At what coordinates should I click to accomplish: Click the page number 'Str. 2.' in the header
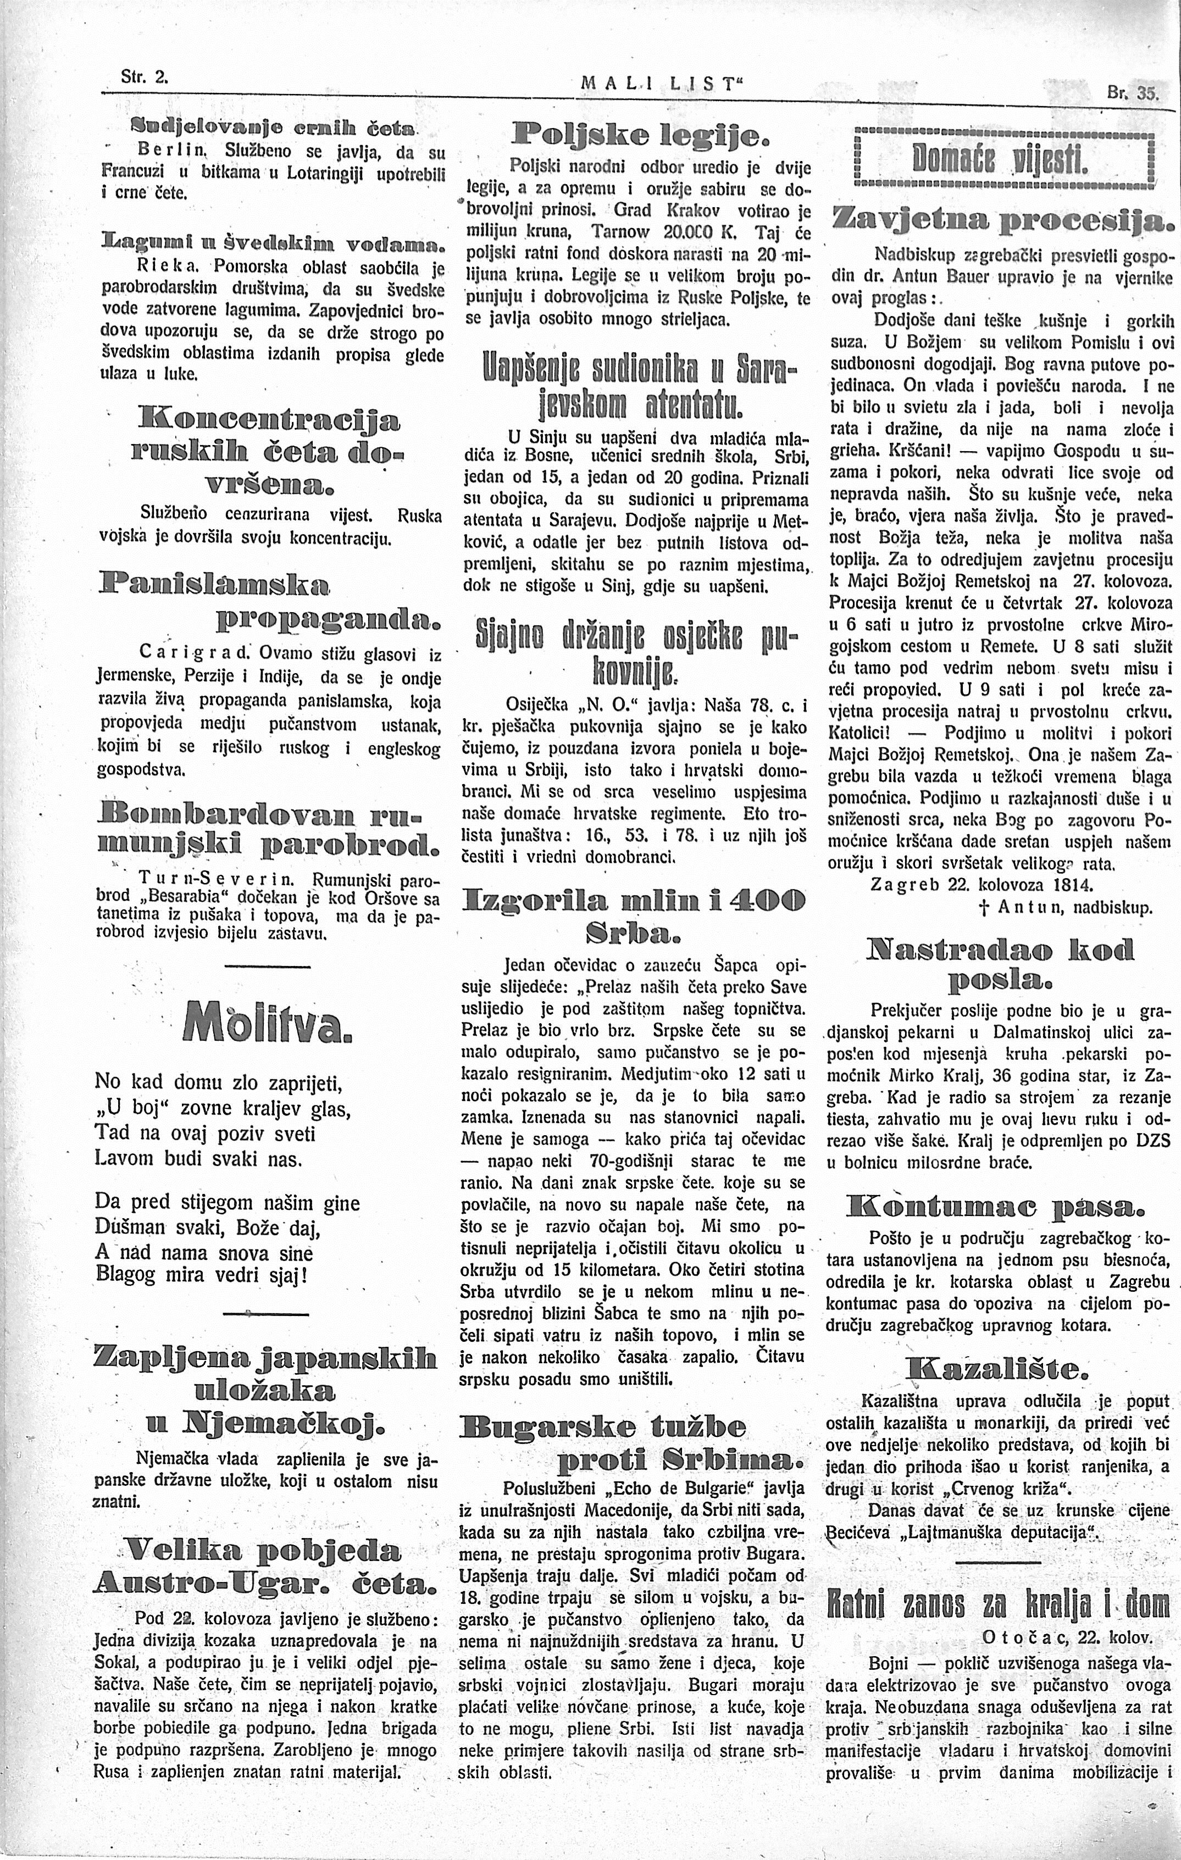tap(145, 77)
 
